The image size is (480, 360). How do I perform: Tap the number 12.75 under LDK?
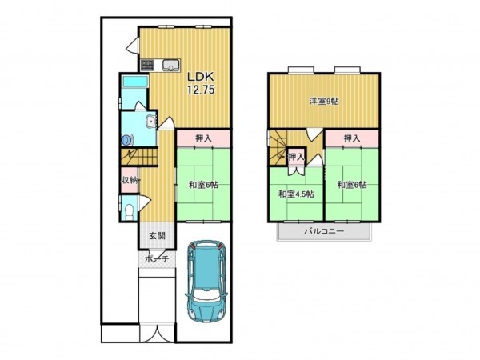point(201,90)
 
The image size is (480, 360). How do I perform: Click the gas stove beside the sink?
point(147,65)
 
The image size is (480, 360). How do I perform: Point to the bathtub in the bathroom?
point(134,82)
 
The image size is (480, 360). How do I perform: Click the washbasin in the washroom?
point(151,122)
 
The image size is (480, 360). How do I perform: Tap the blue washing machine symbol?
point(126,140)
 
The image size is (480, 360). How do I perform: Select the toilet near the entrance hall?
point(130,211)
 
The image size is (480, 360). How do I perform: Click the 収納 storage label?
point(129,180)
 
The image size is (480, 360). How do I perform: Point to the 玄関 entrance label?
point(158,236)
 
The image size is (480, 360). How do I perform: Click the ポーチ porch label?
point(157,259)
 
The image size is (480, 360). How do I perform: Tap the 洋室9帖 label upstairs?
point(324,101)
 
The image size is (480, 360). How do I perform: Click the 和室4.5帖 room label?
point(296,194)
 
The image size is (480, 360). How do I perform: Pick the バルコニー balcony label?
point(324,231)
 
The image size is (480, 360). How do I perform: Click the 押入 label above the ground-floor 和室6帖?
point(203,138)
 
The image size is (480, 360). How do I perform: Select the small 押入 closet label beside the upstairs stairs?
point(296,157)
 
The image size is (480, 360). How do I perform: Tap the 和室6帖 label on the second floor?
point(352,185)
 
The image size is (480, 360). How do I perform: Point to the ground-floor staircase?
point(139,158)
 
